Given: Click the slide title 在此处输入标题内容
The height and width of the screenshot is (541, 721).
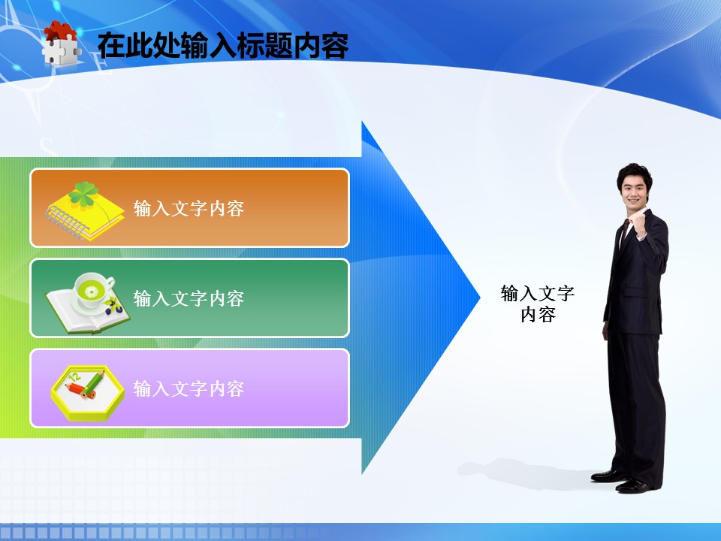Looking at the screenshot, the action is click(x=223, y=45).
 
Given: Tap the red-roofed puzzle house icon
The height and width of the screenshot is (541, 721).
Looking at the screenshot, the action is click(x=61, y=43).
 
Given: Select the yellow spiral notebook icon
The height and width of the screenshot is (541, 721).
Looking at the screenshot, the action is click(x=85, y=211).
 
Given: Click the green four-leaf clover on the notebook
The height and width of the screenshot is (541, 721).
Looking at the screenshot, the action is click(x=83, y=193).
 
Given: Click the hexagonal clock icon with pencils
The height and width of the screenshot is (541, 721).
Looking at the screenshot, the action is click(x=87, y=393).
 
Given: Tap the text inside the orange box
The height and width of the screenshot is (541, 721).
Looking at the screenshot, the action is click(x=189, y=208).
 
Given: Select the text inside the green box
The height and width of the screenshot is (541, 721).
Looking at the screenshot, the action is click(x=189, y=298).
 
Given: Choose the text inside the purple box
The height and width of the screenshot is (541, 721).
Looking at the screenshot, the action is click(x=189, y=388).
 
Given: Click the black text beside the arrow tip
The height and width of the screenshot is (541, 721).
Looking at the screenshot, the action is click(x=538, y=304).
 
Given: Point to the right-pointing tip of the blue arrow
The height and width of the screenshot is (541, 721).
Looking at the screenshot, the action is click(x=480, y=298).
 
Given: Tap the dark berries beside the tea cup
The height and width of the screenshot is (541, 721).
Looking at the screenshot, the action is click(x=113, y=307).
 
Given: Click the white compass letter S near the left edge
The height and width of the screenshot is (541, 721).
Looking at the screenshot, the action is click(x=48, y=147).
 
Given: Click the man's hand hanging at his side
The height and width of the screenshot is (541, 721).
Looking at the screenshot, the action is click(x=605, y=331).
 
